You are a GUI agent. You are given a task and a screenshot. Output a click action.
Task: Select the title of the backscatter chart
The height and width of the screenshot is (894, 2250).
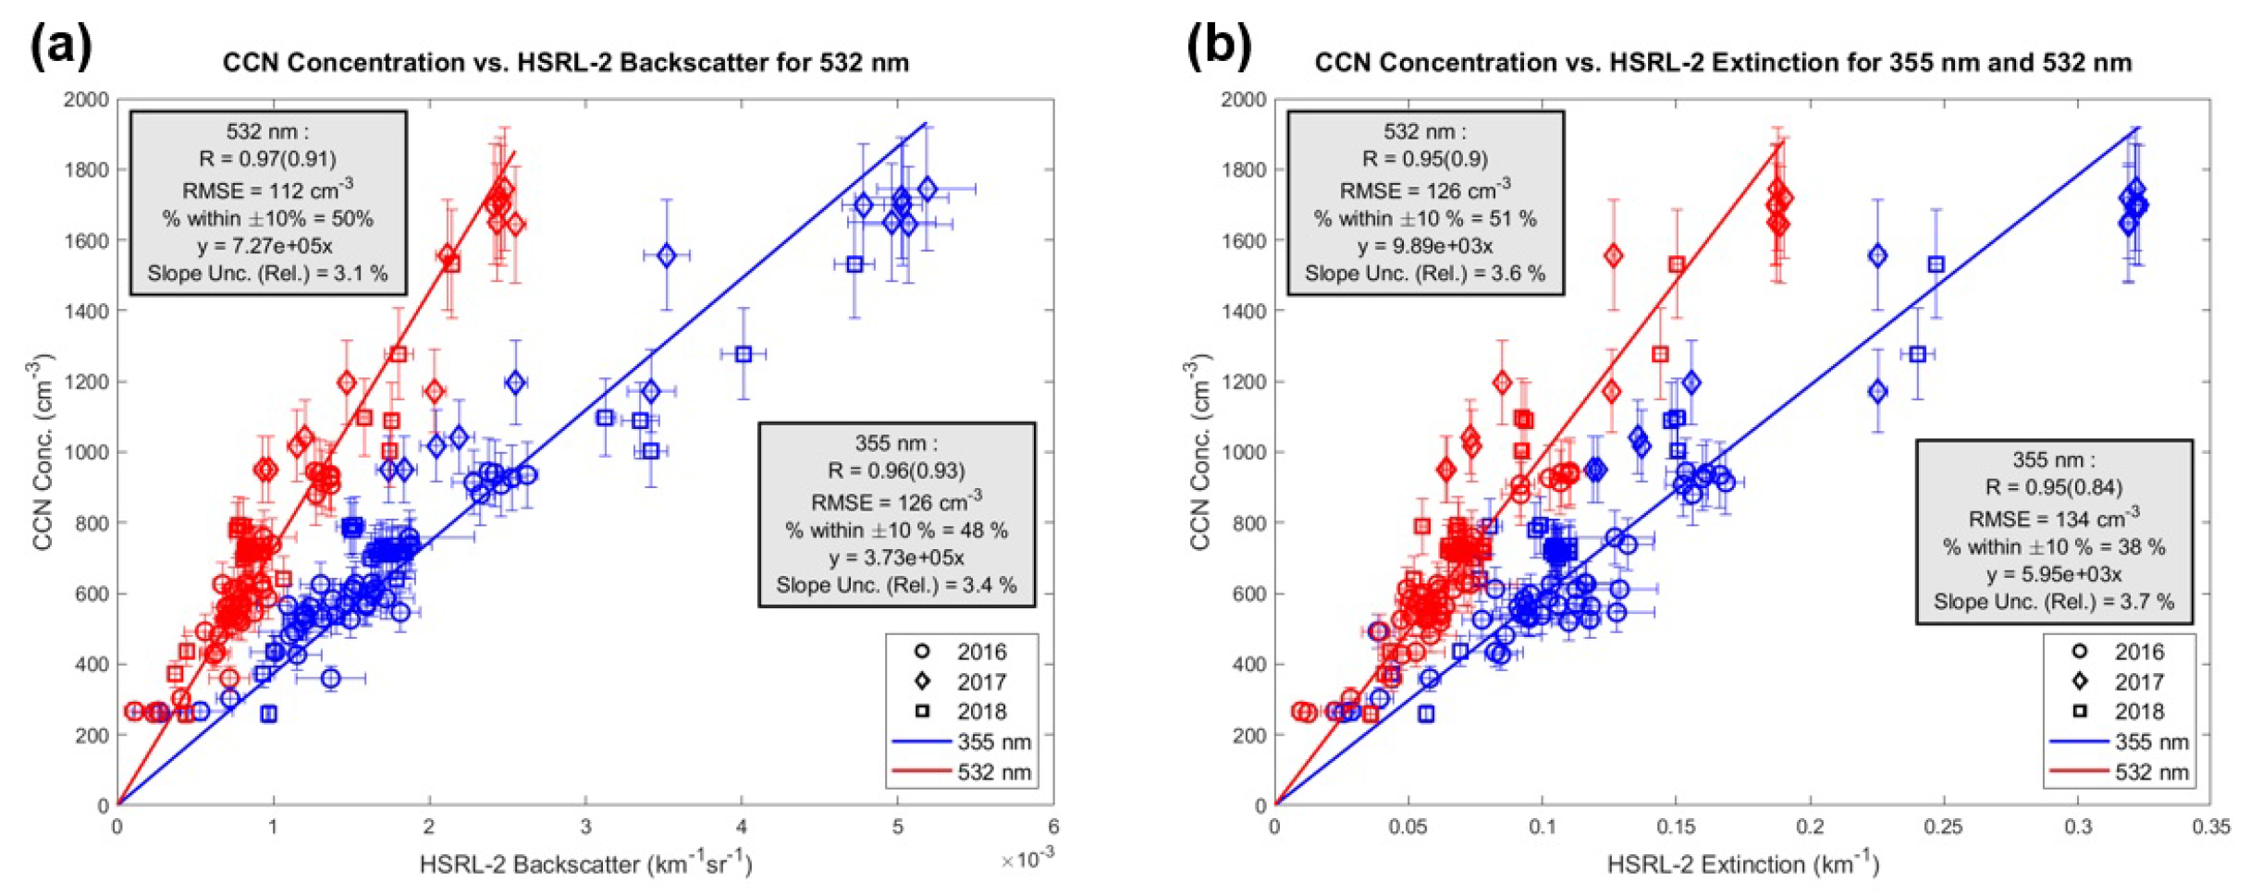click(x=565, y=63)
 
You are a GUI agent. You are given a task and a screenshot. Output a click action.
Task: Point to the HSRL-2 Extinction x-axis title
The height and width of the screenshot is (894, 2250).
click(x=1742, y=864)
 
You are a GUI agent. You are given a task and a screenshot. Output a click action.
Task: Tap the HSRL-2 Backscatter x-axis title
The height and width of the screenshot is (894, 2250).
click(x=585, y=864)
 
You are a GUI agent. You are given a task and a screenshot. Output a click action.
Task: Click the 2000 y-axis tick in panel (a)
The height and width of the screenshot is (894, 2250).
click(x=86, y=100)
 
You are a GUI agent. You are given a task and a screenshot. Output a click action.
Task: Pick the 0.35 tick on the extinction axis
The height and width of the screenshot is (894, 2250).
click(x=2210, y=827)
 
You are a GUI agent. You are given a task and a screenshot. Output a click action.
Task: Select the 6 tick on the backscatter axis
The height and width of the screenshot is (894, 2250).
click(x=1053, y=827)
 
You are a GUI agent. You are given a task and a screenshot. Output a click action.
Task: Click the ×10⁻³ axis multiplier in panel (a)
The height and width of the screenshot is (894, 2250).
click(x=1027, y=860)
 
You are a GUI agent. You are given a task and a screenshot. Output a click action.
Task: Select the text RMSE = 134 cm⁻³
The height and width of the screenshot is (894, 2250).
click(x=2053, y=519)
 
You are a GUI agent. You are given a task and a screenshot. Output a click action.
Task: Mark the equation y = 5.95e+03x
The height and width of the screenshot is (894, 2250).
click(x=2053, y=574)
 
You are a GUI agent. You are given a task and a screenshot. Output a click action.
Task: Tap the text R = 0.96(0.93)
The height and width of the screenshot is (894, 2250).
click(x=895, y=471)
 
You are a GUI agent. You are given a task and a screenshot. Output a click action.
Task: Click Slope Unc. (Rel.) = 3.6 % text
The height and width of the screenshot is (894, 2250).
click(x=1424, y=274)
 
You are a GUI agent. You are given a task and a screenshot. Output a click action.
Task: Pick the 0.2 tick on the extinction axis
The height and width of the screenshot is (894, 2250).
click(x=1810, y=827)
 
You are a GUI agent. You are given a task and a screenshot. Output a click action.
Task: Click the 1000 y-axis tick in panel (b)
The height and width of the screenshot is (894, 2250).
click(x=1243, y=453)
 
